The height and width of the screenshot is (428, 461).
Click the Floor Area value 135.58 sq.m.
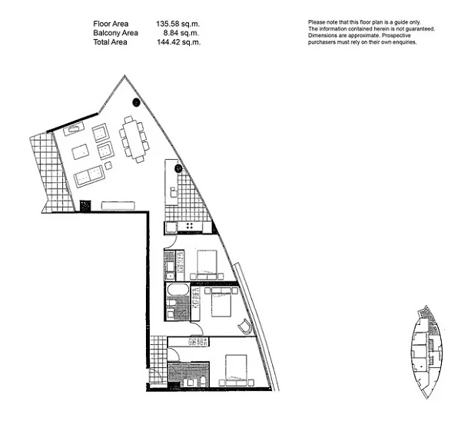178,25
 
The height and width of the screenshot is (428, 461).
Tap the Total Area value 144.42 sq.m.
178,43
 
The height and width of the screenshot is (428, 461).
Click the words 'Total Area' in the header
111,43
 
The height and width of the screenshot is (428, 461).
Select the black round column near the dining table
137,102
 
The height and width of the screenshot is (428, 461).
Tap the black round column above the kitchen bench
177,168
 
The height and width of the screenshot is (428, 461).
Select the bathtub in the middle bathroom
177,292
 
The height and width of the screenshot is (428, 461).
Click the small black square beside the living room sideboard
85,205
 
